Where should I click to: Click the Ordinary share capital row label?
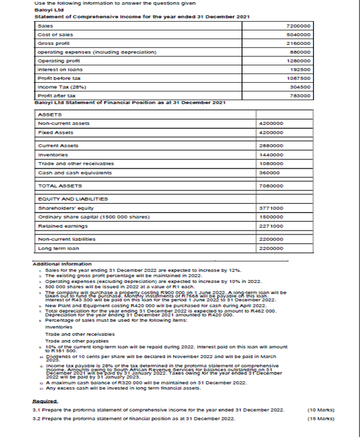tap(79, 217)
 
